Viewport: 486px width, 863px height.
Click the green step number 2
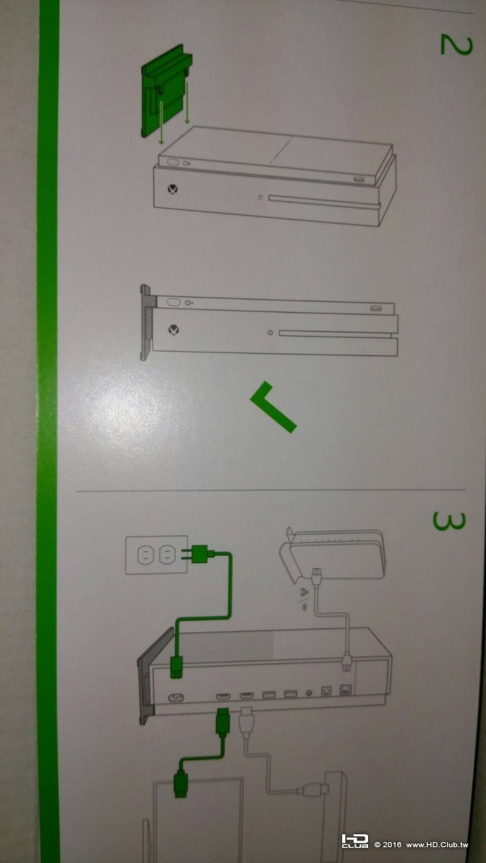pos(456,45)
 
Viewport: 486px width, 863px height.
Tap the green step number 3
pos(449,521)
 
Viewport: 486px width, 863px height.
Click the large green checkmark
pos(273,407)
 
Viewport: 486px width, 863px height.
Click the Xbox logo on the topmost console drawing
pos(173,189)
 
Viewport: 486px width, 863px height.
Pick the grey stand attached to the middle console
pos(148,322)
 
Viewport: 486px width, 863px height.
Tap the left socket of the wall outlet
pos(144,555)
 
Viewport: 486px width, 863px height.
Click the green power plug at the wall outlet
pos(200,554)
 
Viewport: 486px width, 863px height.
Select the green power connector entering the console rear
pos(177,667)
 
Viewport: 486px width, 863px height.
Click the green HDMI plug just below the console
pos(222,722)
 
